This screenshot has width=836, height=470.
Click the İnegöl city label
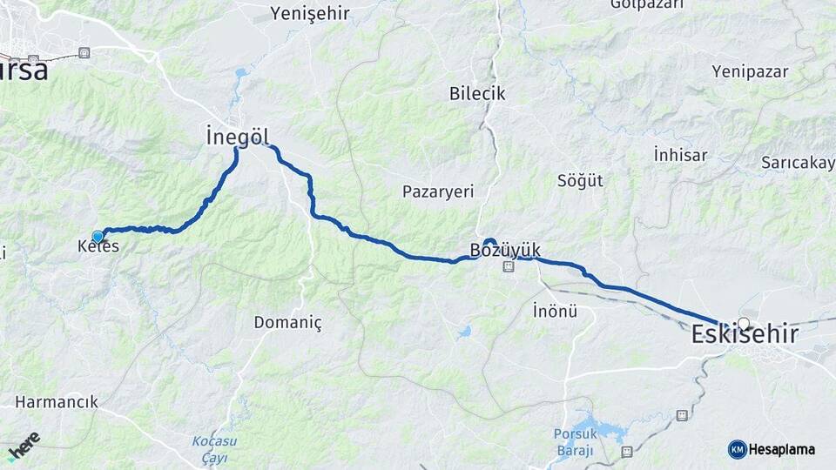click(x=238, y=137)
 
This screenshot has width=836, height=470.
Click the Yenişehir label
click(x=310, y=13)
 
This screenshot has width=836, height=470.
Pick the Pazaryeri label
click(x=438, y=191)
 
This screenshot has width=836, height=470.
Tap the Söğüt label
click(x=580, y=181)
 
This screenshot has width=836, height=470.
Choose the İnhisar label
click(x=680, y=155)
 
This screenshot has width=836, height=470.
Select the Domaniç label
click(x=287, y=323)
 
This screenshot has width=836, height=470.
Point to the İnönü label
click(x=555, y=310)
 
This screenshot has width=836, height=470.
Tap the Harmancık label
click(x=57, y=402)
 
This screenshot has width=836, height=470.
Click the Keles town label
click(x=98, y=247)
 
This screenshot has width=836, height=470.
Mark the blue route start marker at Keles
click(x=98, y=237)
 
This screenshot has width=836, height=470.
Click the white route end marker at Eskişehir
click(x=743, y=323)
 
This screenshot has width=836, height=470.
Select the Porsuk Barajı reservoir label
click(x=574, y=442)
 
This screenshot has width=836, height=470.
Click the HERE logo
click(x=24, y=446)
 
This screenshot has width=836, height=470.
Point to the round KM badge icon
click(x=737, y=449)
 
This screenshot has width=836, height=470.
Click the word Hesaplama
click(x=782, y=449)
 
